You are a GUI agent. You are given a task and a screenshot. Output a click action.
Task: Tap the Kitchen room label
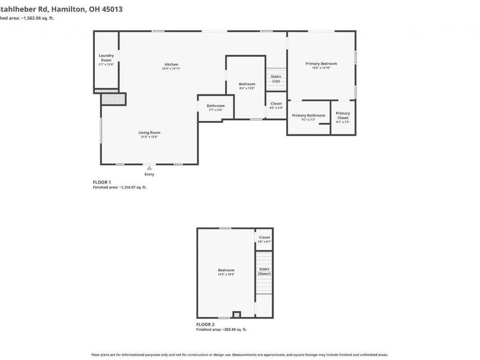coord(172,65)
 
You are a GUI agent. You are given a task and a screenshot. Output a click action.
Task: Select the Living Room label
coord(149,133)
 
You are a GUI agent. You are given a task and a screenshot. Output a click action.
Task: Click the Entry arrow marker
coord(149,168)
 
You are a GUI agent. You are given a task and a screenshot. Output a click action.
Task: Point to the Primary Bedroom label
coord(321,64)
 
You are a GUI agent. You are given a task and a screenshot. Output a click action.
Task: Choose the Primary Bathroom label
coord(308,116)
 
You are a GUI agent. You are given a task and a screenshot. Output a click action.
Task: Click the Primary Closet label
coord(343,115)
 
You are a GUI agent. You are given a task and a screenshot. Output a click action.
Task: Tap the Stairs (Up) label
coord(276,78)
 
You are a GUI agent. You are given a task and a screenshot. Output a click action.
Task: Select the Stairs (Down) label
coord(264,271)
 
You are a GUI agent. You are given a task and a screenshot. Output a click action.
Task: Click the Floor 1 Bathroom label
coord(215,106)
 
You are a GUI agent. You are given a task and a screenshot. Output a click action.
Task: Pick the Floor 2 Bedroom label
coord(226,270)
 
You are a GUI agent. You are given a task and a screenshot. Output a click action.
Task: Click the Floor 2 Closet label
coord(265,238)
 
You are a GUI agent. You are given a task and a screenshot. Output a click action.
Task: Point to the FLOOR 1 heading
coord(102,182)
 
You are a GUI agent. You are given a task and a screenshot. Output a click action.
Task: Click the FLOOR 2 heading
coord(206,324)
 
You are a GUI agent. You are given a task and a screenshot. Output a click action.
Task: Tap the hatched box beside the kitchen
coord(112,99)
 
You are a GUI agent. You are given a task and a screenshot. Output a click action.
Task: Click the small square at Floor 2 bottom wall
coord(236,314)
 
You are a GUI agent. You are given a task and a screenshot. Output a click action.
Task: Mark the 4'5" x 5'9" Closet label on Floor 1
coord(276,104)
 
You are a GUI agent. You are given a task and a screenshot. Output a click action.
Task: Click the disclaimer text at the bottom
coord(239,354)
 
